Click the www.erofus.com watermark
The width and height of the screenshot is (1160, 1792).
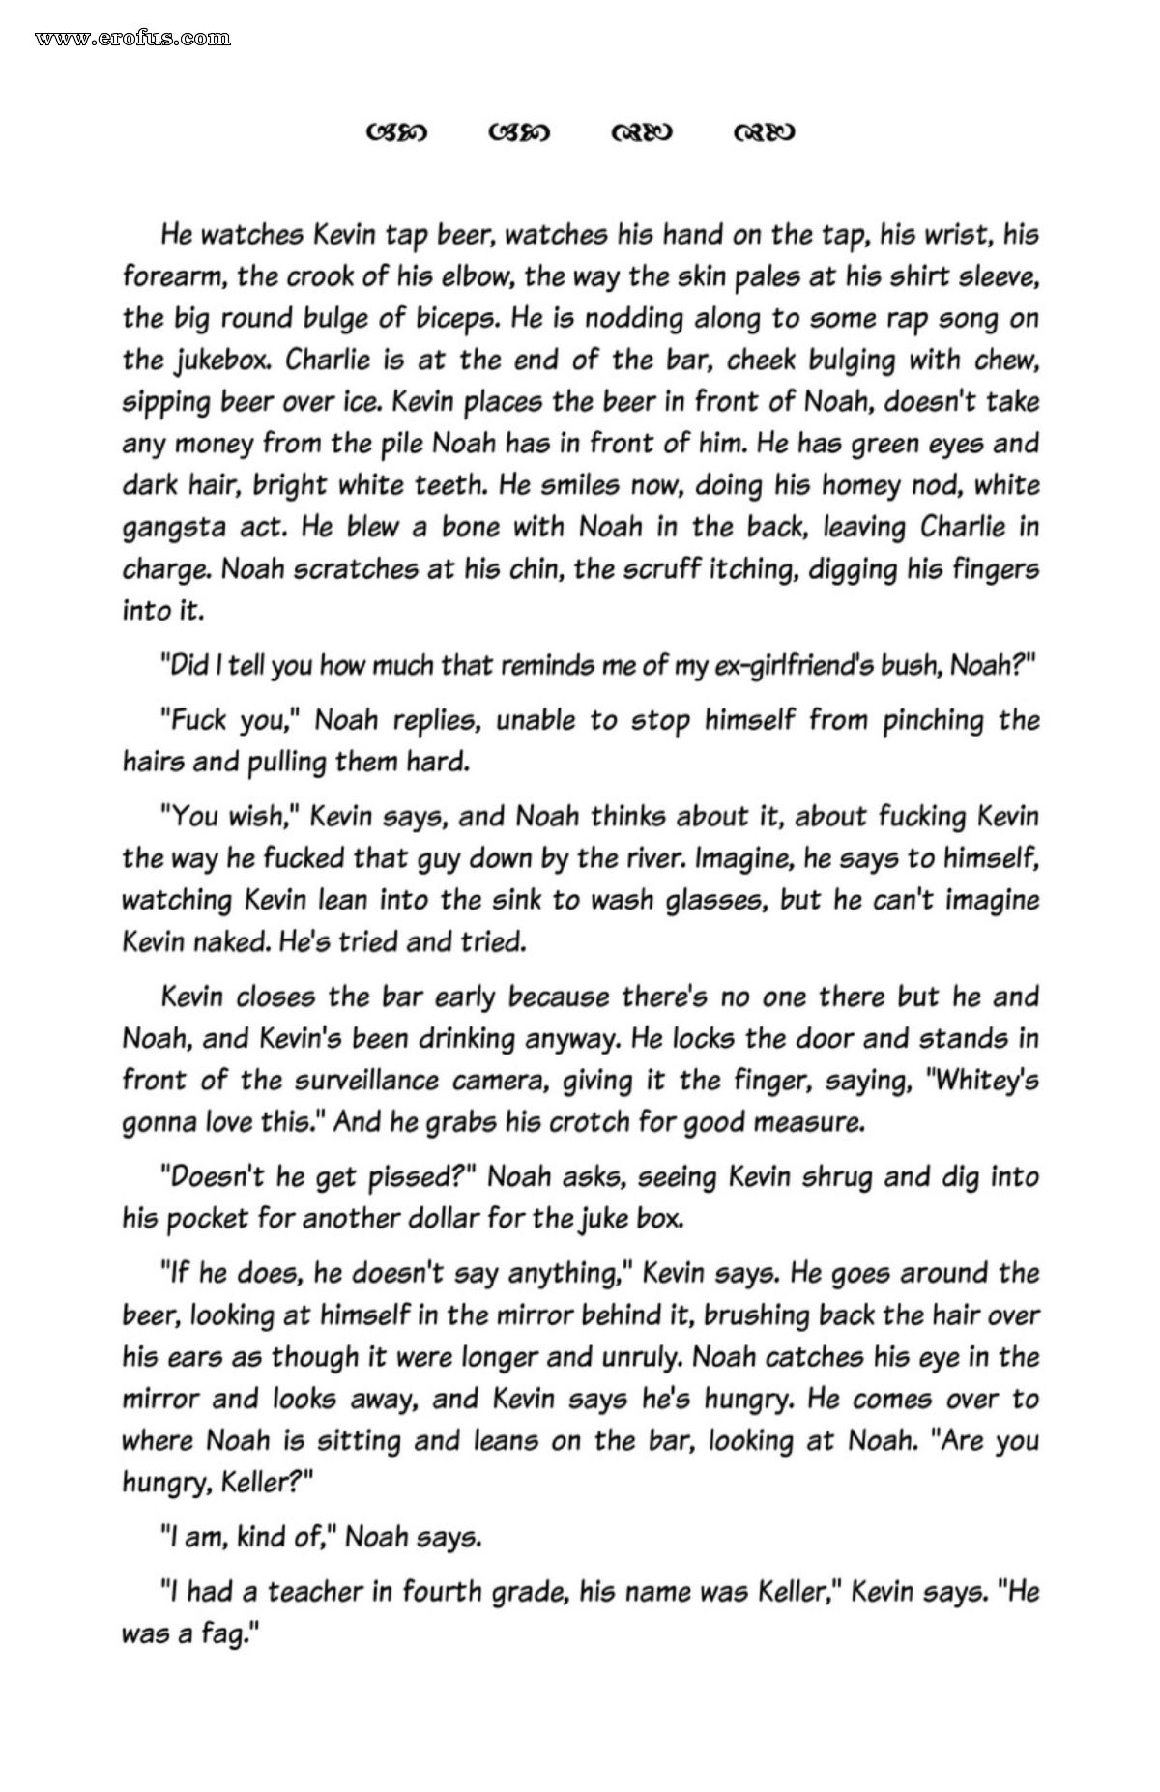point(132,39)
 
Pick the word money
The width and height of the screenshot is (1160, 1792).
point(209,444)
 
